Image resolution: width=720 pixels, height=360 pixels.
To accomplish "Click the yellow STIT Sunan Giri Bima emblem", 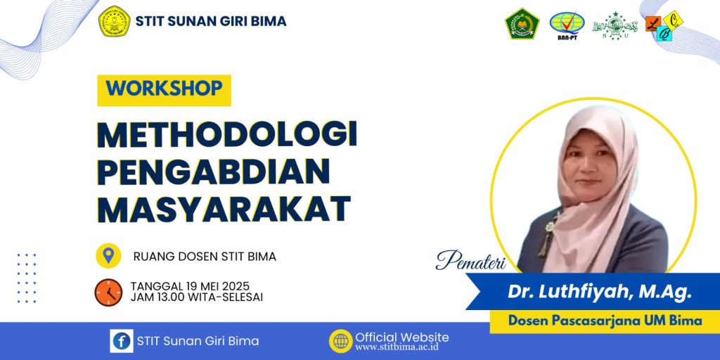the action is pyautogui.click(x=115, y=21).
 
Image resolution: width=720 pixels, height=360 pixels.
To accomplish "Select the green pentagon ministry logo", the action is pyautogui.click(x=522, y=23).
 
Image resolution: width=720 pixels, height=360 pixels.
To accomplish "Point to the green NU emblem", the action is pyautogui.click(x=615, y=26).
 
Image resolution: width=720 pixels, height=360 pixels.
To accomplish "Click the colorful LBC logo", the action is pyautogui.click(x=664, y=26).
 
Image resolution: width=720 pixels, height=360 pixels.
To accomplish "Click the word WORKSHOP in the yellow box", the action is pyautogui.click(x=164, y=88).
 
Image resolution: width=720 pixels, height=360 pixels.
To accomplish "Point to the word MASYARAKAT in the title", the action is pyautogui.click(x=224, y=210).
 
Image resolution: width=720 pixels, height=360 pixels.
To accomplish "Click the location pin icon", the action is pyautogui.click(x=108, y=256).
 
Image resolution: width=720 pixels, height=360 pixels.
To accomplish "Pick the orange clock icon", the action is pyautogui.click(x=108, y=292).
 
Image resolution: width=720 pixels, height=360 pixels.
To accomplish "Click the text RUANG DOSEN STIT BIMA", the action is pyautogui.click(x=205, y=257).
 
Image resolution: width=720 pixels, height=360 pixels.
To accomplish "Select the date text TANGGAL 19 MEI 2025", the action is pyautogui.click(x=190, y=286).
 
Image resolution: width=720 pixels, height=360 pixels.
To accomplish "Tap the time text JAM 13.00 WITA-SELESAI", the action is pyautogui.click(x=197, y=297).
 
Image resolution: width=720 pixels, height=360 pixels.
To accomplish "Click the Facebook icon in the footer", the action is pyautogui.click(x=122, y=341).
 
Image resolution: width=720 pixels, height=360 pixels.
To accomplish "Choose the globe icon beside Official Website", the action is pyautogui.click(x=341, y=341).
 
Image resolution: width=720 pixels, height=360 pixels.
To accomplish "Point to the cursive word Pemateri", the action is pyautogui.click(x=470, y=260).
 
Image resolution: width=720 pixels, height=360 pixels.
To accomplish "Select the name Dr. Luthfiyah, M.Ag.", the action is pyautogui.click(x=599, y=292).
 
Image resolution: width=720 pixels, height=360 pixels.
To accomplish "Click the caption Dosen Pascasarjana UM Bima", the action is pyautogui.click(x=605, y=321).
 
